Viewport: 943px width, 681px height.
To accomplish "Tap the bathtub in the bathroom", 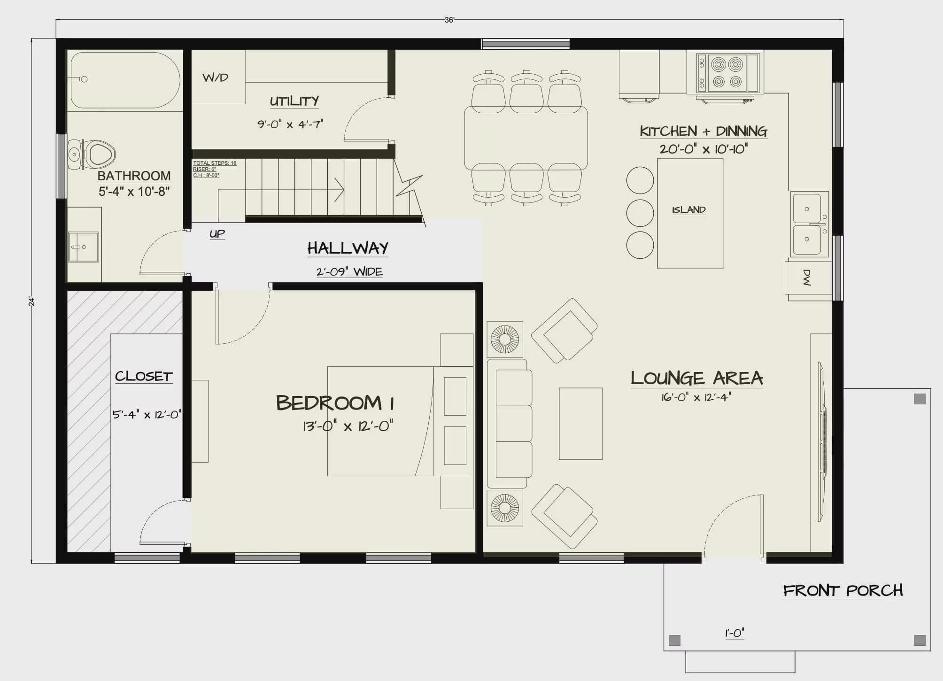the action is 125,80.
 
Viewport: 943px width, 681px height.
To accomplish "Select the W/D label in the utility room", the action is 215,77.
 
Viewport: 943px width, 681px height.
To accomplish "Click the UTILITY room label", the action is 294,101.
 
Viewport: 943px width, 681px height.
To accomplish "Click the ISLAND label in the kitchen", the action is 689,210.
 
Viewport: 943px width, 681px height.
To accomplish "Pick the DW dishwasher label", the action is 807,278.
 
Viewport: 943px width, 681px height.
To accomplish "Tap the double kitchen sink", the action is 809,224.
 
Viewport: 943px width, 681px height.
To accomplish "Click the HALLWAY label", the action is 348,248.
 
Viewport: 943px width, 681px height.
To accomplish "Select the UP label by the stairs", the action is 217,233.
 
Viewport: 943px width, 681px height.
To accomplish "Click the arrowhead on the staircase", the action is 340,190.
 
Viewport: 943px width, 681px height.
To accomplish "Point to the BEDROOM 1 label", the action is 335,403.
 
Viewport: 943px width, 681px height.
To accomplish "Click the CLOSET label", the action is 144,376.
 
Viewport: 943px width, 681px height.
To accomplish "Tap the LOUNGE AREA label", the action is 696,378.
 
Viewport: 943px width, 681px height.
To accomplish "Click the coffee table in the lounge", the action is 580,424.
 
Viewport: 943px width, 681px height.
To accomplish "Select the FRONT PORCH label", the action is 843,590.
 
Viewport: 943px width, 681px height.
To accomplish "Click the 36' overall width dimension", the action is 449,20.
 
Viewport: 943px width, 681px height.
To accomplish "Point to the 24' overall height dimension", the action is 31,301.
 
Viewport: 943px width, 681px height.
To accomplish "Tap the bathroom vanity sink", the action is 84,247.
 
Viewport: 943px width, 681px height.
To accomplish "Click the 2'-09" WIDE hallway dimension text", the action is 349,271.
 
